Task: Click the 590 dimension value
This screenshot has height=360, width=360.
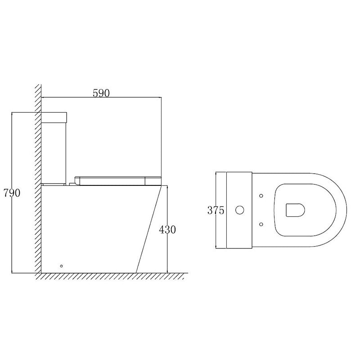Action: [x=101, y=93]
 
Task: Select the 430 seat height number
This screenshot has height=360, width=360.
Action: [x=167, y=229]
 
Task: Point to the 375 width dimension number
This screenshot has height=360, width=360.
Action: [x=216, y=210]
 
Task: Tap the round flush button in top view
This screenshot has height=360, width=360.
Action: [x=240, y=210]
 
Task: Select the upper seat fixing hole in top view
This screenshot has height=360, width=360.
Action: [x=261, y=196]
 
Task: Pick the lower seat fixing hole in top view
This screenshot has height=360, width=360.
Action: [x=261, y=224]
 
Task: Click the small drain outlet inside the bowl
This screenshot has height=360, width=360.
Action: [x=295, y=210]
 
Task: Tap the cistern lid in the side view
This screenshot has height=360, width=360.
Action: [x=54, y=117]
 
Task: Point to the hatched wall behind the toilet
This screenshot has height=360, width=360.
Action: [x=38, y=180]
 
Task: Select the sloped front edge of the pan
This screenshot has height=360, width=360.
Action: [x=148, y=229]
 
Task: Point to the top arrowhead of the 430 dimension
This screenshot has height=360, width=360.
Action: [x=167, y=187]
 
